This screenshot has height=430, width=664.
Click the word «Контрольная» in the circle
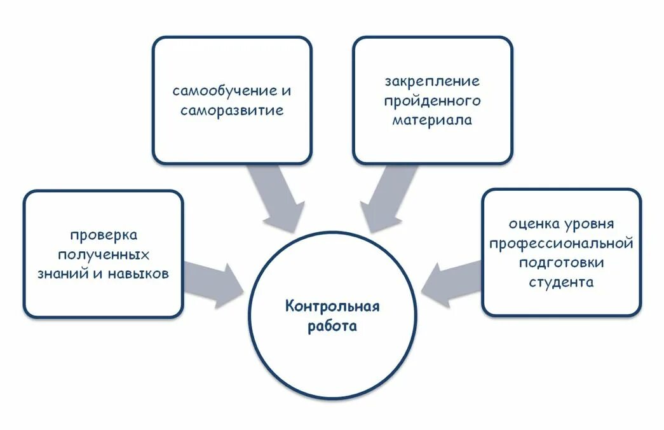332,307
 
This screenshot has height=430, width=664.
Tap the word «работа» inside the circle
332,327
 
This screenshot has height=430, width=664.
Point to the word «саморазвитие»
231,111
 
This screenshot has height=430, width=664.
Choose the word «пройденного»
432,101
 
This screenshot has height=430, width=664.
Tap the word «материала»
432,120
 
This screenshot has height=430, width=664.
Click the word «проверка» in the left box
104,235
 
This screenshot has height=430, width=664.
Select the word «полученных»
104,255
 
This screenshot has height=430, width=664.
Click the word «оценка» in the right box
534,224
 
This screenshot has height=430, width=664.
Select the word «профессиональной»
562,243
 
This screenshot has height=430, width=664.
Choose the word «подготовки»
562,262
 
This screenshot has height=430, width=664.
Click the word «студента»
562,282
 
